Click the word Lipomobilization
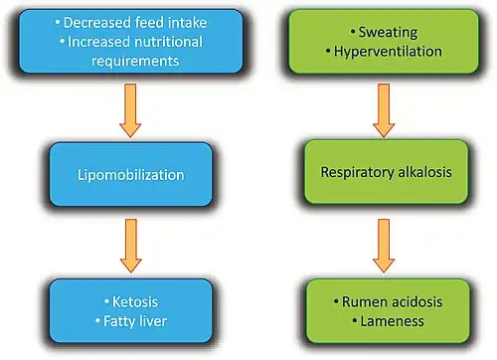130,175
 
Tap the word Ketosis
135,302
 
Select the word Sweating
388,33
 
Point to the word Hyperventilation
388,52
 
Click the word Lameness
393,321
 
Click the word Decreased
97,23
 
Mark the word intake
187,23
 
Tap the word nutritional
168,42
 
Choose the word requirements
135,62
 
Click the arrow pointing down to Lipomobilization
130,110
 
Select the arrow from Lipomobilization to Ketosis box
131,246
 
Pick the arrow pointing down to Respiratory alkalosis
384,110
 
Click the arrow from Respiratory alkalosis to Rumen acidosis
384,246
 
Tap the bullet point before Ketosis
106,301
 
